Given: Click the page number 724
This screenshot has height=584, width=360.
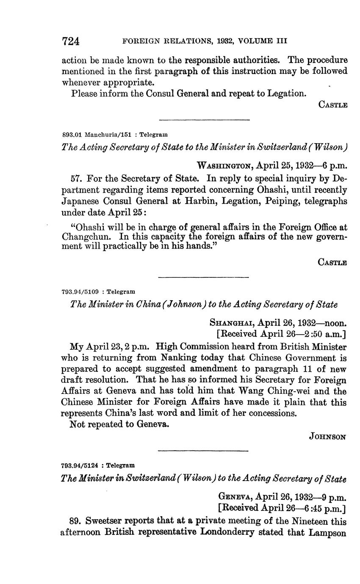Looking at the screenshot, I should [71, 41].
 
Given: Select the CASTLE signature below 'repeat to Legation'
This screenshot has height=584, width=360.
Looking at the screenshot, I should [332, 105].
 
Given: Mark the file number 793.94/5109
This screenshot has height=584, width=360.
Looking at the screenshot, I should [80, 292].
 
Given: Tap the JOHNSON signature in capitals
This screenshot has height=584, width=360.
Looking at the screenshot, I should [328, 436].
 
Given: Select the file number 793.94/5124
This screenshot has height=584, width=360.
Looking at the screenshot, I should [80, 465].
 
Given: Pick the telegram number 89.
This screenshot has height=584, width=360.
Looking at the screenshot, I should [75, 521].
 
